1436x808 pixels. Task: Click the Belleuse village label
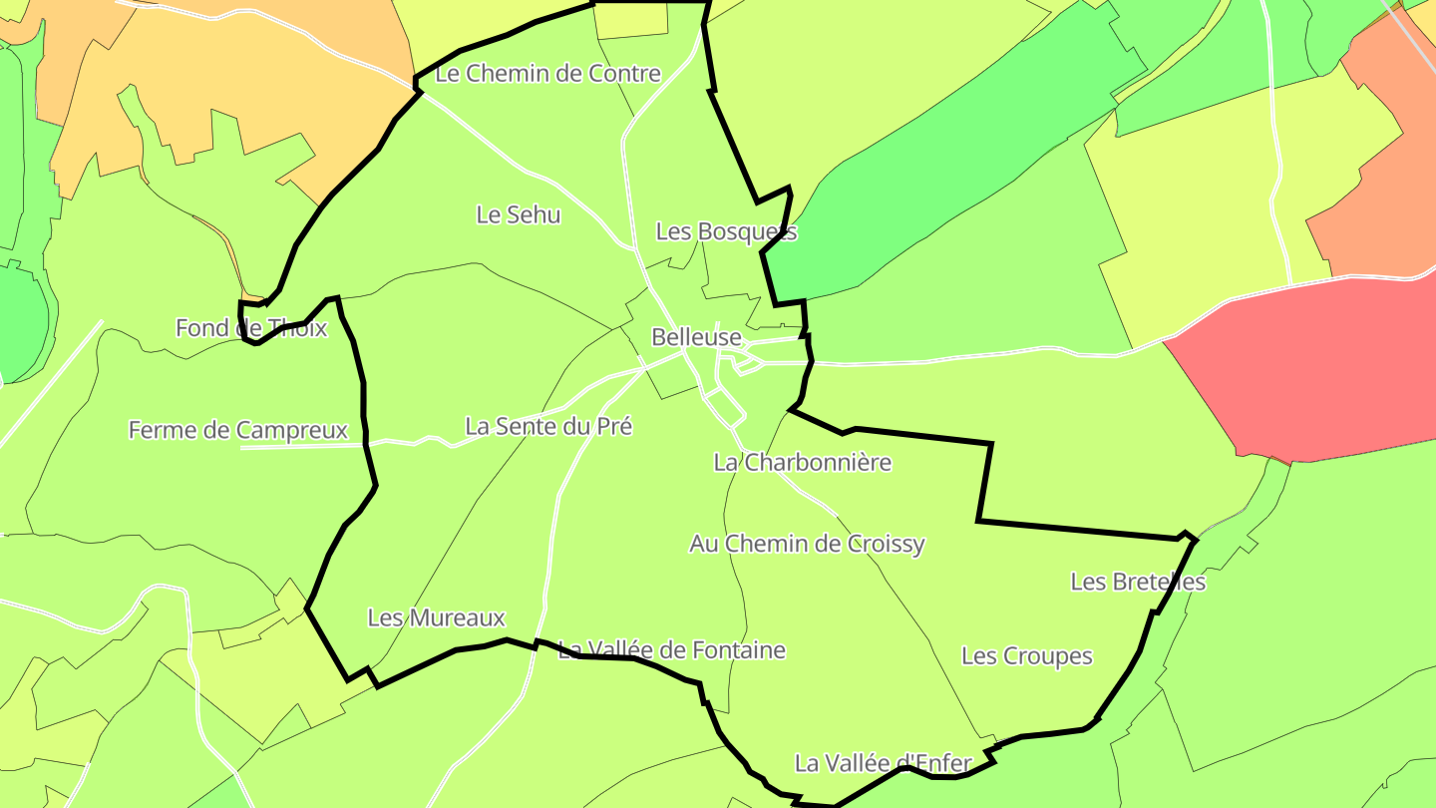click(x=696, y=337)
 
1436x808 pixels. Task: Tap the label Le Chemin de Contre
click(x=548, y=73)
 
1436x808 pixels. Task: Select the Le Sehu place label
click(x=519, y=214)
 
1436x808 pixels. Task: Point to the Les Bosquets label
click(x=726, y=231)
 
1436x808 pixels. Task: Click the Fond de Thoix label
click(x=251, y=327)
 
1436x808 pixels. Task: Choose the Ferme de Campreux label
click(x=237, y=430)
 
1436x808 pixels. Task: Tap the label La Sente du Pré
click(x=548, y=426)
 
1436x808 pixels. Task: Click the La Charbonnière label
click(x=802, y=462)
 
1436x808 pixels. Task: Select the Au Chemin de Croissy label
click(x=807, y=544)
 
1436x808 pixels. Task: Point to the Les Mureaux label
click(x=436, y=617)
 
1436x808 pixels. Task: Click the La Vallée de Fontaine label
click(x=671, y=650)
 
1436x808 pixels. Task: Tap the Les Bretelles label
click(x=1138, y=581)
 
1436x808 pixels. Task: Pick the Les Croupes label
click(x=1026, y=655)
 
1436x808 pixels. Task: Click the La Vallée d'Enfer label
click(x=883, y=763)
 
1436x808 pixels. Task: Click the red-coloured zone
click(x=1316, y=369)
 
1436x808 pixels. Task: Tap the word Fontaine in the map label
click(x=741, y=650)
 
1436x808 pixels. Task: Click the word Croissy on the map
click(x=886, y=544)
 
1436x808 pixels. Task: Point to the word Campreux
click(x=292, y=430)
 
